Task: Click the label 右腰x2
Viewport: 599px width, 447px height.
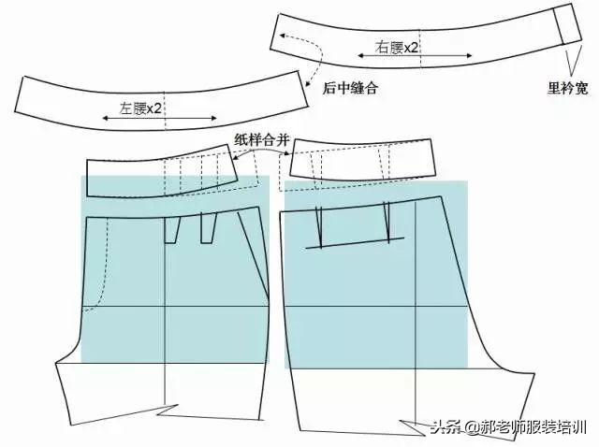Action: click(x=397, y=47)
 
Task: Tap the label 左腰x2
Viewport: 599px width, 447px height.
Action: click(x=141, y=108)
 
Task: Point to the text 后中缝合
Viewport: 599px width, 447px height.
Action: click(x=350, y=89)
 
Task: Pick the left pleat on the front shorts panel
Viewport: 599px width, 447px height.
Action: click(x=172, y=229)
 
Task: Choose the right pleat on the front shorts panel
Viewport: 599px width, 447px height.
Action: click(x=208, y=227)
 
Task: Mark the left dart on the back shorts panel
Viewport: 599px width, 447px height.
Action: click(x=318, y=226)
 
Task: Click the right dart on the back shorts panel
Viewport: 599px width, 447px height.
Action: click(x=387, y=223)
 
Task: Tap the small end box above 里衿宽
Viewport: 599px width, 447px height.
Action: click(x=568, y=25)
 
